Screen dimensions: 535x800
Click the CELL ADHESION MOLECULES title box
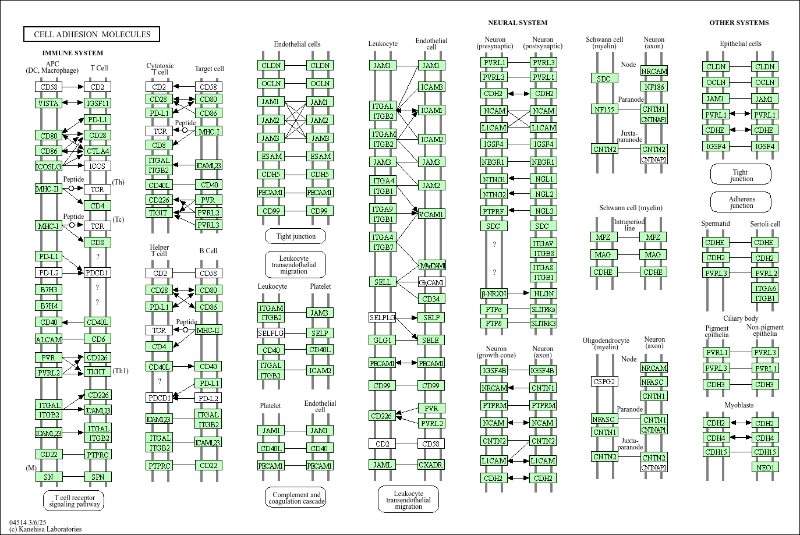91,34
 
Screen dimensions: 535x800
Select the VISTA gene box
48,103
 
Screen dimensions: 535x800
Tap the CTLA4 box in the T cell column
97,151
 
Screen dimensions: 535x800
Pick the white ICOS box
97,166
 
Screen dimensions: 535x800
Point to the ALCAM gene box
48,339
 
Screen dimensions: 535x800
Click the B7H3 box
48,289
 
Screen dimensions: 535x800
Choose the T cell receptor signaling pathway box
73,501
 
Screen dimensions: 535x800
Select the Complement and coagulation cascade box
296,498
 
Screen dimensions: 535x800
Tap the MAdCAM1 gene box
431,265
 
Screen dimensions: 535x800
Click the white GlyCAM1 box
431,282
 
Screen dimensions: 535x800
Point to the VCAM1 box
431,214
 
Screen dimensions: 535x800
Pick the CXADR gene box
431,465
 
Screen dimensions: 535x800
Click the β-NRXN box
494,293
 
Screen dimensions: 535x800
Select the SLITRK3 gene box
543,323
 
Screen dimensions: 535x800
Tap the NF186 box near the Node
654,87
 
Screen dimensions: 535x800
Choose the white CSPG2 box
604,381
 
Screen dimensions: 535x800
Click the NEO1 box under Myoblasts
765,467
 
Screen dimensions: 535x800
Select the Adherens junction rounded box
741,202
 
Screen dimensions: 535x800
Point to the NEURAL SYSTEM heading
518,23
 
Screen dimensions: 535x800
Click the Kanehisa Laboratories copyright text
45,529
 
